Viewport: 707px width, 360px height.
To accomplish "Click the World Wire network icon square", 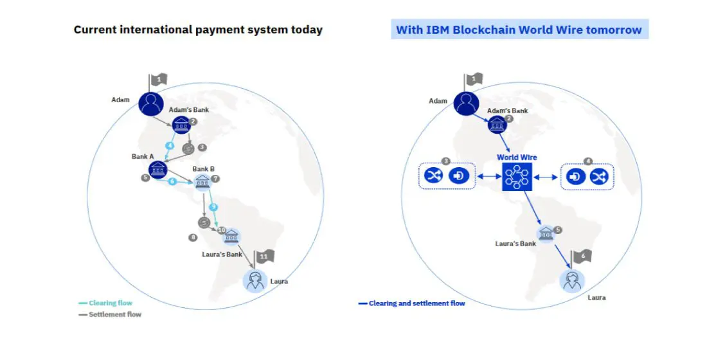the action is (x=517, y=176).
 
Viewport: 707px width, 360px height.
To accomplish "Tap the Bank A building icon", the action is (x=158, y=170).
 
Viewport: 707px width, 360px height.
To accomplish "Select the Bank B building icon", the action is (x=202, y=181).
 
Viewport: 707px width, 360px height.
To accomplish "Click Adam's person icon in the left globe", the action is (x=151, y=104).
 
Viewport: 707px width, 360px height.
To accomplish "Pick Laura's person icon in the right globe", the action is (x=572, y=280).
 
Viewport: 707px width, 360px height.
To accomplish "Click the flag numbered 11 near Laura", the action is (x=264, y=258).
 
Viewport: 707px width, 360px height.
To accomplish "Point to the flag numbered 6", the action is (x=581, y=257).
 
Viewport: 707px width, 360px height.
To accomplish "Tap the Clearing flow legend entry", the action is (x=106, y=303).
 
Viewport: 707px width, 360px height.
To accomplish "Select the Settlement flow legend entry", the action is (x=110, y=314).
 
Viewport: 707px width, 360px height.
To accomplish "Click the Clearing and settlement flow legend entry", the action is (x=411, y=303).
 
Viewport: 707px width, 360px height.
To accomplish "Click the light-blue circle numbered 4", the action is (x=170, y=146).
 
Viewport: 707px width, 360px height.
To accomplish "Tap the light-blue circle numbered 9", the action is (x=213, y=207).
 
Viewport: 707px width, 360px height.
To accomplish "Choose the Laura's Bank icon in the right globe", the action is (x=546, y=234).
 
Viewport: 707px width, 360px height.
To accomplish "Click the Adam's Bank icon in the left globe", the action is (x=181, y=124).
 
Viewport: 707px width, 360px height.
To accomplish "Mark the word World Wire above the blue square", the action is (x=517, y=157).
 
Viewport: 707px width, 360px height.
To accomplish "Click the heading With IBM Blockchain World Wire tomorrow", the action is (x=519, y=30).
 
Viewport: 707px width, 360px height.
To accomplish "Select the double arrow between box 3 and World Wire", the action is (x=488, y=177).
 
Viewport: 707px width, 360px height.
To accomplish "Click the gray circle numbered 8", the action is (x=193, y=237).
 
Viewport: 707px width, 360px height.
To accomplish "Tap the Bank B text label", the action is (x=203, y=169).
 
